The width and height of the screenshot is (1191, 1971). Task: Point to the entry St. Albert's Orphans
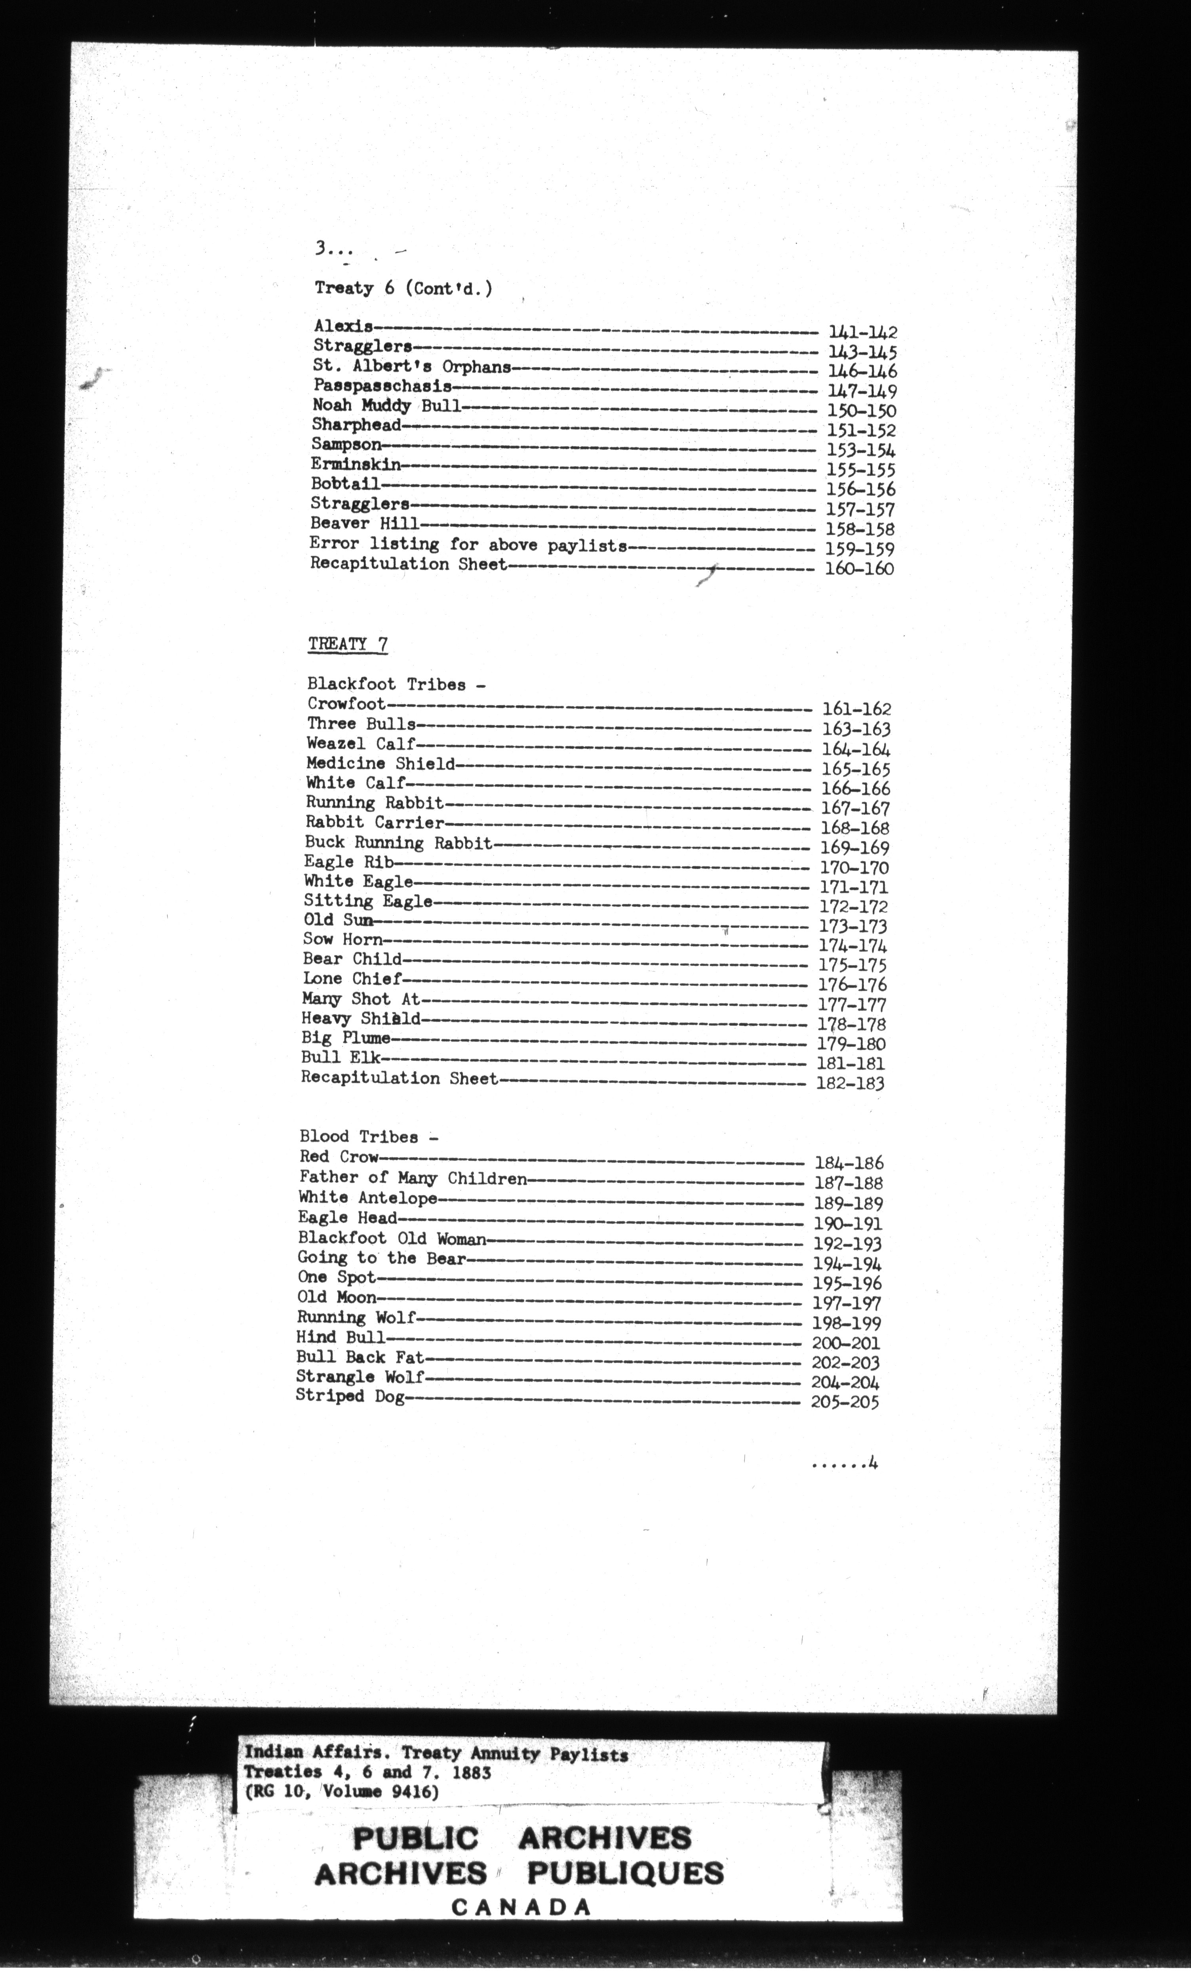coord(412,367)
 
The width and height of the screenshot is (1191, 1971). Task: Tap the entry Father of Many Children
coord(413,1178)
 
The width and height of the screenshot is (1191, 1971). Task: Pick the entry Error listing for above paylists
coord(468,545)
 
